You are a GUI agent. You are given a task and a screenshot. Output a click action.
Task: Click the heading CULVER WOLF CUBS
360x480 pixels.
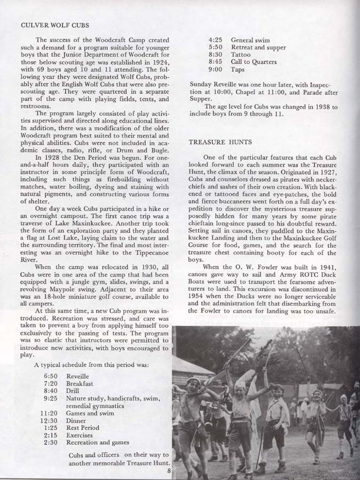54,25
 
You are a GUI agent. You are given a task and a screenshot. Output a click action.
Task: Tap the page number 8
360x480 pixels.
168,470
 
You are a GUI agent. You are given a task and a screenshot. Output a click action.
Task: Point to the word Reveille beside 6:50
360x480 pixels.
78,376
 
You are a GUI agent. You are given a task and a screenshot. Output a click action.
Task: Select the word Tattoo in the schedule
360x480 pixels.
241,54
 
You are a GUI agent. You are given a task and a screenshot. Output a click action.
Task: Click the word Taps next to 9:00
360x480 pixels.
238,69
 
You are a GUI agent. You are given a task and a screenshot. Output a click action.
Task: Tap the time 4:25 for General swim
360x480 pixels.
215,40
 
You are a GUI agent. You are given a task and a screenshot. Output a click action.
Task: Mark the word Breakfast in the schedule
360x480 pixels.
80,383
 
